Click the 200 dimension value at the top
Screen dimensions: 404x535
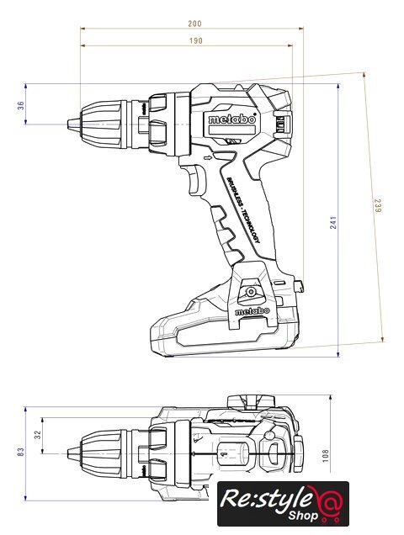(x=194, y=24)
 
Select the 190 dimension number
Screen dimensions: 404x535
(x=195, y=41)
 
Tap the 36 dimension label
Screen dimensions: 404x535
(x=21, y=105)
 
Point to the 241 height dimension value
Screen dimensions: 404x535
(x=333, y=222)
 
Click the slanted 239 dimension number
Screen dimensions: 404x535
(x=377, y=206)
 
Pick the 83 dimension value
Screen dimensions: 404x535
(x=21, y=452)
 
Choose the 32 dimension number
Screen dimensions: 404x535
(x=38, y=434)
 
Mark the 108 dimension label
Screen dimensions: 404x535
(x=326, y=456)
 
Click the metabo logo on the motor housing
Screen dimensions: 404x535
(x=232, y=119)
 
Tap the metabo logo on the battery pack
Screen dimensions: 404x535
(x=252, y=311)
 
